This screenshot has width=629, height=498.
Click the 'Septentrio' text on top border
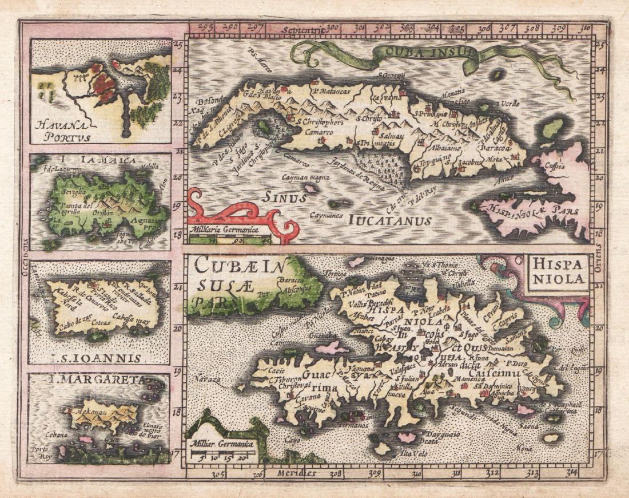tap(307, 27)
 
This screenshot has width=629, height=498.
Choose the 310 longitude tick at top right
tap(584, 27)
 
